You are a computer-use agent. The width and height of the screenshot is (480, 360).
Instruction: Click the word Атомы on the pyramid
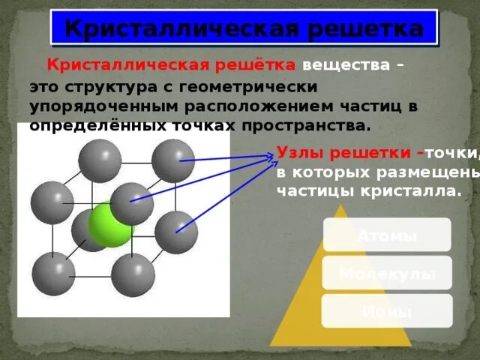pos(386,235)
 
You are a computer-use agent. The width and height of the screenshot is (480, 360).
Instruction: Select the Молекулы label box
pos(387,273)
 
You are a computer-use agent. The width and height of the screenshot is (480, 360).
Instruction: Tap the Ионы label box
pos(386,311)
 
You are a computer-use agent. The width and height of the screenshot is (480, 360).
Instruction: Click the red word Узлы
pos(298,152)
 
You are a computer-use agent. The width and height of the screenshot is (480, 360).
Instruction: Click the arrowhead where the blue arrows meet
pos(271,156)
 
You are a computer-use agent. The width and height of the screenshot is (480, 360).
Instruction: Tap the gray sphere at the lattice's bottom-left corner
pos(52,274)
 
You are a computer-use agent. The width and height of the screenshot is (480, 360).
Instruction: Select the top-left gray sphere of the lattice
pos(100,160)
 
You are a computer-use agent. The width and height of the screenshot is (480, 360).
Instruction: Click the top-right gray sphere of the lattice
pos(173,160)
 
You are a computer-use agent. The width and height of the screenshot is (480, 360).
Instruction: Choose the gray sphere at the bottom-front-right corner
pos(133,274)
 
